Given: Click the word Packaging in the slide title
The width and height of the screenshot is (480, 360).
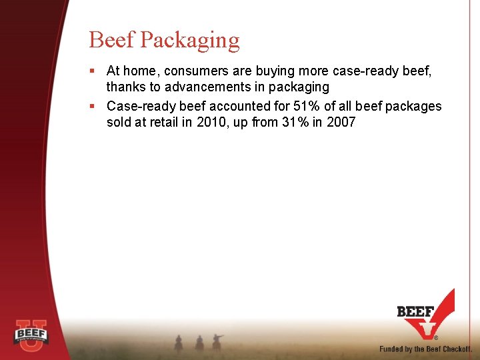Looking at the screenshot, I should [190, 41].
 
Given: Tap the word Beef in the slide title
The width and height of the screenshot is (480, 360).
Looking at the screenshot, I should [112, 40].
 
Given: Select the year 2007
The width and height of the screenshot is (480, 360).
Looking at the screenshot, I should [340, 122].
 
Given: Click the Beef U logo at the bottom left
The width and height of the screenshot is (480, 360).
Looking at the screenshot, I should [31, 333].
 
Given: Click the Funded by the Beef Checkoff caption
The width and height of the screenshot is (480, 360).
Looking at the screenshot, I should [425, 349].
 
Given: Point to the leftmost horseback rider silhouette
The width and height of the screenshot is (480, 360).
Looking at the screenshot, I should [178, 343].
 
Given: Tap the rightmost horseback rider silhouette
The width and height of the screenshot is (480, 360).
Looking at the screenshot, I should [217, 341].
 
